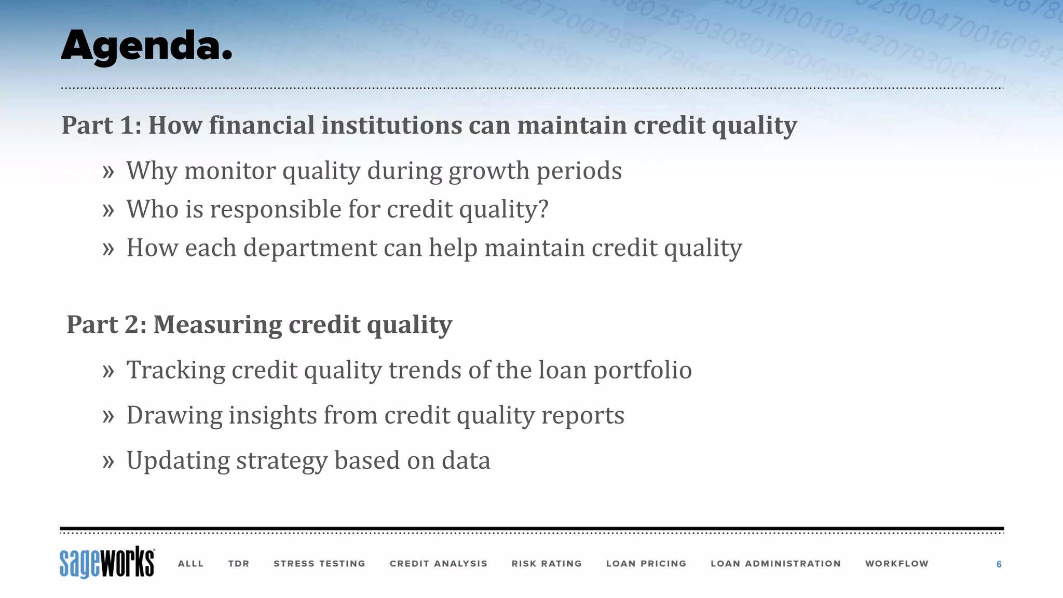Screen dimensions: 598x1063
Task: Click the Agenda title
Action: [146, 47]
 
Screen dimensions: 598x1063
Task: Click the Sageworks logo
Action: [107, 562]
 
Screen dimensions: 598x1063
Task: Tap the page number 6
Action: [999, 564]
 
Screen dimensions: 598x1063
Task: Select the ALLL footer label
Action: [190, 564]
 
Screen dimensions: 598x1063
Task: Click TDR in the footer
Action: [239, 564]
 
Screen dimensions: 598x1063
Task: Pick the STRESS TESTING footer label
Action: [319, 564]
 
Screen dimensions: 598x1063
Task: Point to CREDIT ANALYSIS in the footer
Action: [439, 564]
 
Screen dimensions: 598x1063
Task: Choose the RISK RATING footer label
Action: [547, 564]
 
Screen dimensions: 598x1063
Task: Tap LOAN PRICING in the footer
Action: [646, 564]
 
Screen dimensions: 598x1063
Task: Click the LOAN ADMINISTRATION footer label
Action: [775, 564]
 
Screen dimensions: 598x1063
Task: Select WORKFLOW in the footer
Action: [896, 564]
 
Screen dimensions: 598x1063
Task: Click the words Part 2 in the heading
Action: [106, 325]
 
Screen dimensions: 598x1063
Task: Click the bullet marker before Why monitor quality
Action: [108, 172]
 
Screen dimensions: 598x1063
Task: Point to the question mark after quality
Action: [543, 209]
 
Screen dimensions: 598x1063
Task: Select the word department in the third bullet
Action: [310, 248]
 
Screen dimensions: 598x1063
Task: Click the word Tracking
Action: [175, 371]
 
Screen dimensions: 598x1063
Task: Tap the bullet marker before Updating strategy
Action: [108, 461]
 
